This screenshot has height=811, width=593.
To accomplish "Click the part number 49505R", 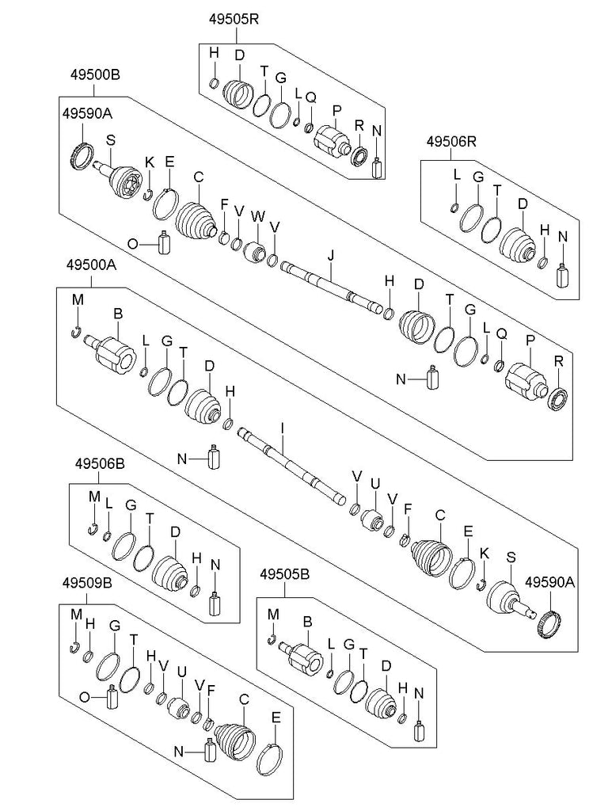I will click(x=235, y=19).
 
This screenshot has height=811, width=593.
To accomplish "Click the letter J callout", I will click(x=332, y=254).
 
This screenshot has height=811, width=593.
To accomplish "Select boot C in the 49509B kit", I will click(x=237, y=744).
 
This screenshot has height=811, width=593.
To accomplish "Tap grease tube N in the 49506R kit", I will click(x=563, y=274).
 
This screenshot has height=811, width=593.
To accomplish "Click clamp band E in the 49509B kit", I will click(x=271, y=761).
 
